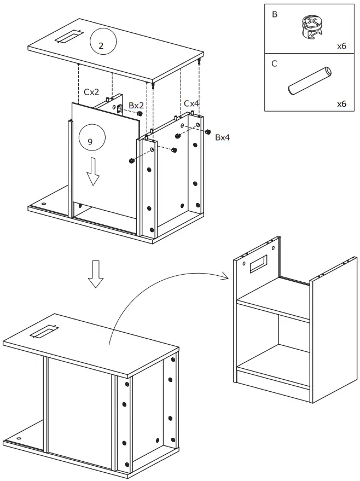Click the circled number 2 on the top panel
click(101, 46)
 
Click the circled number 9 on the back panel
click(90, 141)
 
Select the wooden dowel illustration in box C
click(309, 80)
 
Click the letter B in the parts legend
click(275, 14)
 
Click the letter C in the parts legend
click(275, 63)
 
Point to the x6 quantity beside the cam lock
click(341, 46)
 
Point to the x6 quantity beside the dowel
click(341, 103)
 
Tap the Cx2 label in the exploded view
click(92, 92)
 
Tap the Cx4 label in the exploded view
click(191, 103)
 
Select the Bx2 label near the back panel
click(136, 105)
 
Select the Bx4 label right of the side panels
click(222, 137)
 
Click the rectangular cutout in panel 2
click(67, 37)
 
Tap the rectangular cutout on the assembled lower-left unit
click(44, 331)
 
